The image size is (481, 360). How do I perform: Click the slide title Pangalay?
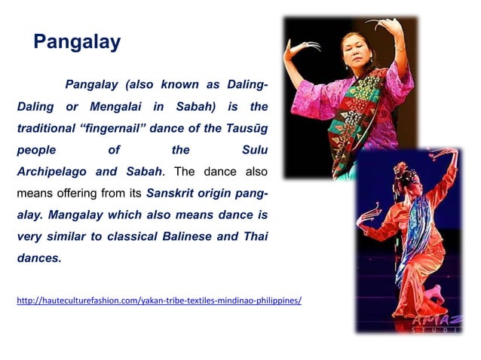pyautogui.click(x=77, y=42)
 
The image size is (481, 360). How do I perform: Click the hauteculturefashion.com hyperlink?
pyautogui.click(x=159, y=301)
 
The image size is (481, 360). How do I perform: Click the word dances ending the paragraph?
pyautogui.click(x=38, y=258)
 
